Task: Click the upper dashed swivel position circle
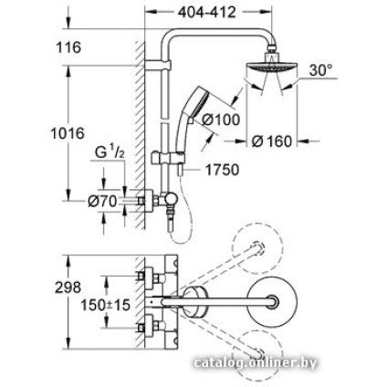coord(257,243)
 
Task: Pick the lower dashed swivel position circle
coord(258,353)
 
